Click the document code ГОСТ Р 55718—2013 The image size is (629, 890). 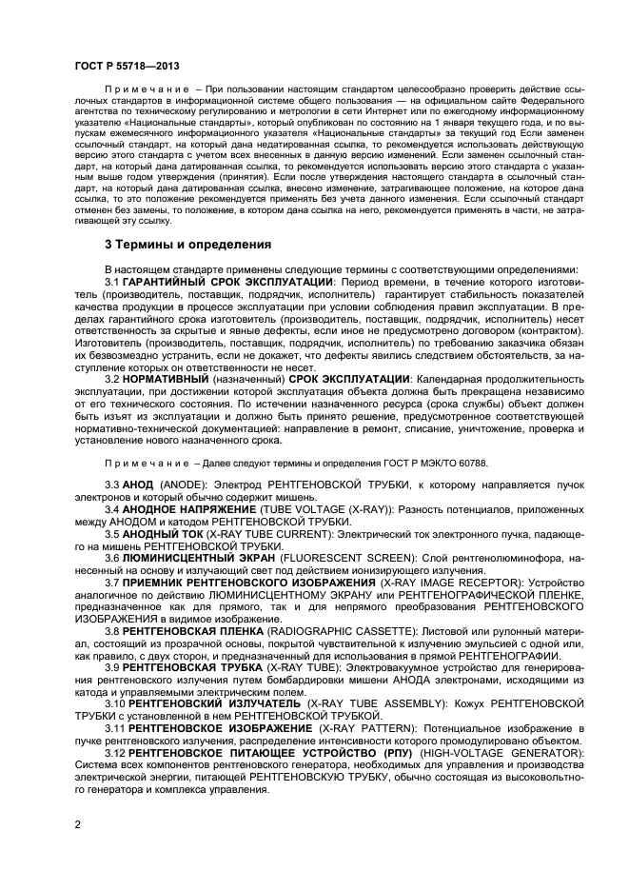[128, 66]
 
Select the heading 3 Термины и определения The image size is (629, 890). [187, 245]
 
